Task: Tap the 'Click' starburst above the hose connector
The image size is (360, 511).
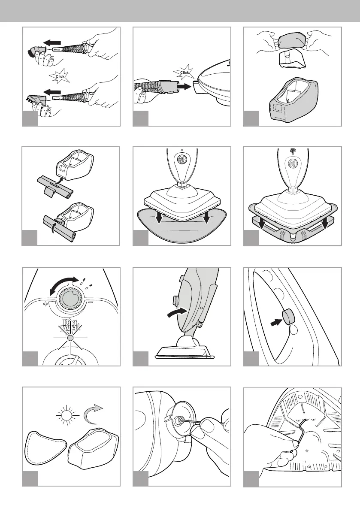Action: click(x=185, y=72)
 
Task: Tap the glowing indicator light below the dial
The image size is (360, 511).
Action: click(x=71, y=338)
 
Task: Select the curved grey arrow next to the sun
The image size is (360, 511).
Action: click(x=96, y=411)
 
